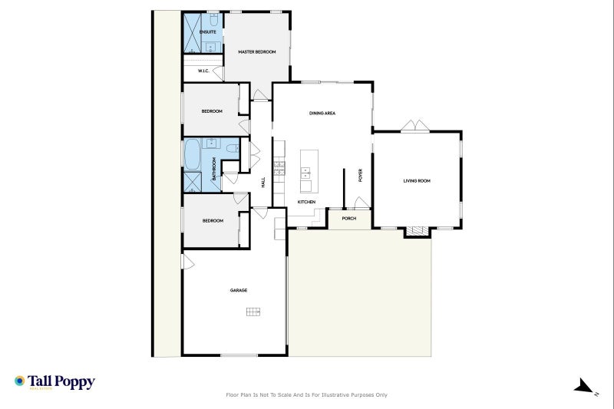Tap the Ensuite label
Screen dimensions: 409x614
tap(207, 32)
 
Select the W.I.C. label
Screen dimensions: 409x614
tap(204, 71)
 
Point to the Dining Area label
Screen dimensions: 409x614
tap(322, 113)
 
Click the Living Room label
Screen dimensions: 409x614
tap(417, 181)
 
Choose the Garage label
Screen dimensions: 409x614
tap(238, 290)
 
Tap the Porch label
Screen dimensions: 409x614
tap(349, 218)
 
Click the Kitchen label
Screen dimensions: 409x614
tap(306, 202)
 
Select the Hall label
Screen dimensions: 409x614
tap(263, 183)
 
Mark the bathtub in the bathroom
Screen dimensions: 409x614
tap(190, 153)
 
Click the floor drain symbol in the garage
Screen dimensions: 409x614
tap(253, 312)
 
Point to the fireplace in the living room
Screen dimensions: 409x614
tap(418, 230)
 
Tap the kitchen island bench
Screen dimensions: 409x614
tap(307, 170)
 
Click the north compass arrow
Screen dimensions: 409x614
tap(586, 386)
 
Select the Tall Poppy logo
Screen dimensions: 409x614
tap(54, 381)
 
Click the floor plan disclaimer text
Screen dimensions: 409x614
tap(306, 395)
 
